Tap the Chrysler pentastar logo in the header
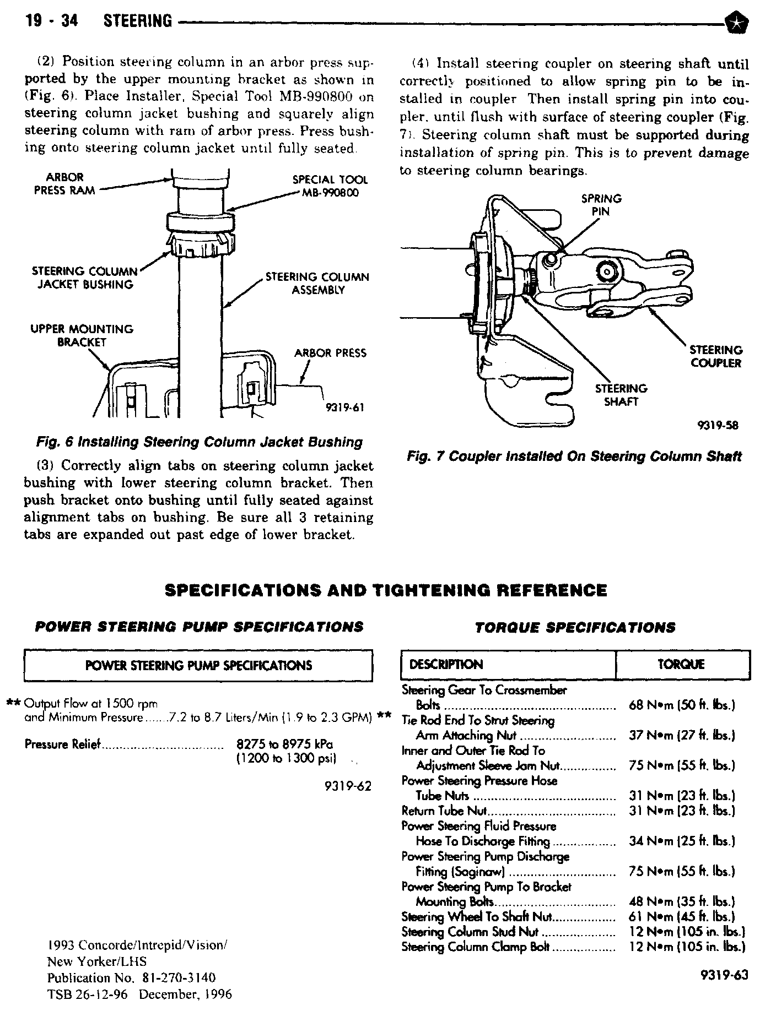(734, 22)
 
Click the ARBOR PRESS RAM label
(64, 183)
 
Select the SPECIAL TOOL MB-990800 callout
(330, 186)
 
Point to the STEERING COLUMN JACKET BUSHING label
(84, 278)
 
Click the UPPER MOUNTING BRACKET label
(82, 335)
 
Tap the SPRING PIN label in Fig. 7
(601, 205)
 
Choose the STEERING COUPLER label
(716, 356)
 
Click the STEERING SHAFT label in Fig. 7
(621, 395)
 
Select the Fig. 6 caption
(199, 442)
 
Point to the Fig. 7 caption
(574, 456)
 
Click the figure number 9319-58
(718, 425)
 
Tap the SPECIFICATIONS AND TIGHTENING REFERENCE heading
(386, 591)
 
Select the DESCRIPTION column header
(446, 665)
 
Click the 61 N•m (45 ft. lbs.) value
(681, 917)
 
